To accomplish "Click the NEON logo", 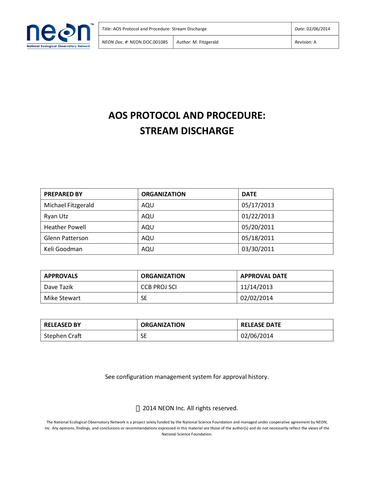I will pyautogui.click(x=59, y=36).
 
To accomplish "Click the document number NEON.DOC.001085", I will pyautogui.click(x=148, y=42).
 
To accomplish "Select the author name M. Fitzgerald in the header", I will pyautogui.click(x=205, y=42).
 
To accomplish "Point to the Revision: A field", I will pyautogui.click(x=306, y=42).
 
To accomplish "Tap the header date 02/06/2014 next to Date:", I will pyautogui.click(x=318, y=29).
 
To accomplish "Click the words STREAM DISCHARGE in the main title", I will pyautogui.click(x=187, y=131).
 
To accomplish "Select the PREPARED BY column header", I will pyautogui.click(x=63, y=194).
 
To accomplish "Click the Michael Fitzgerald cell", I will pyautogui.click(x=69, y=205).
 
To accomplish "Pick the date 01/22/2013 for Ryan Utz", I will pyautogui.click(x=258, y=216).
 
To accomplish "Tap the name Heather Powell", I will pyautogui.click(x=65, y=227).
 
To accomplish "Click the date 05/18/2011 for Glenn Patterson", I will pyautogui.click(x=258, y=238).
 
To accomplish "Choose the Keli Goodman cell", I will pyautogui.click(x=63, y=249).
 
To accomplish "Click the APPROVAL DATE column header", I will pyautogui.click(x=264, y=276).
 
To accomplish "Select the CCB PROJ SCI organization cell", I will pyautogui.click(x=159, y=287).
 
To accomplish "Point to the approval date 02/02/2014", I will pyautogui.click(x=257, y=298).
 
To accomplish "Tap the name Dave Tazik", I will pyautogui.click(x=58, y=287).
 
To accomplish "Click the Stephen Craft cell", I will pyautogui.click(x=63, y=336).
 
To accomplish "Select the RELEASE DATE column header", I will pyautogui.click(x=261, y=325).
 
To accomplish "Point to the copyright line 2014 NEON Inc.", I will pyautogui.click(x=190, y=408).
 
